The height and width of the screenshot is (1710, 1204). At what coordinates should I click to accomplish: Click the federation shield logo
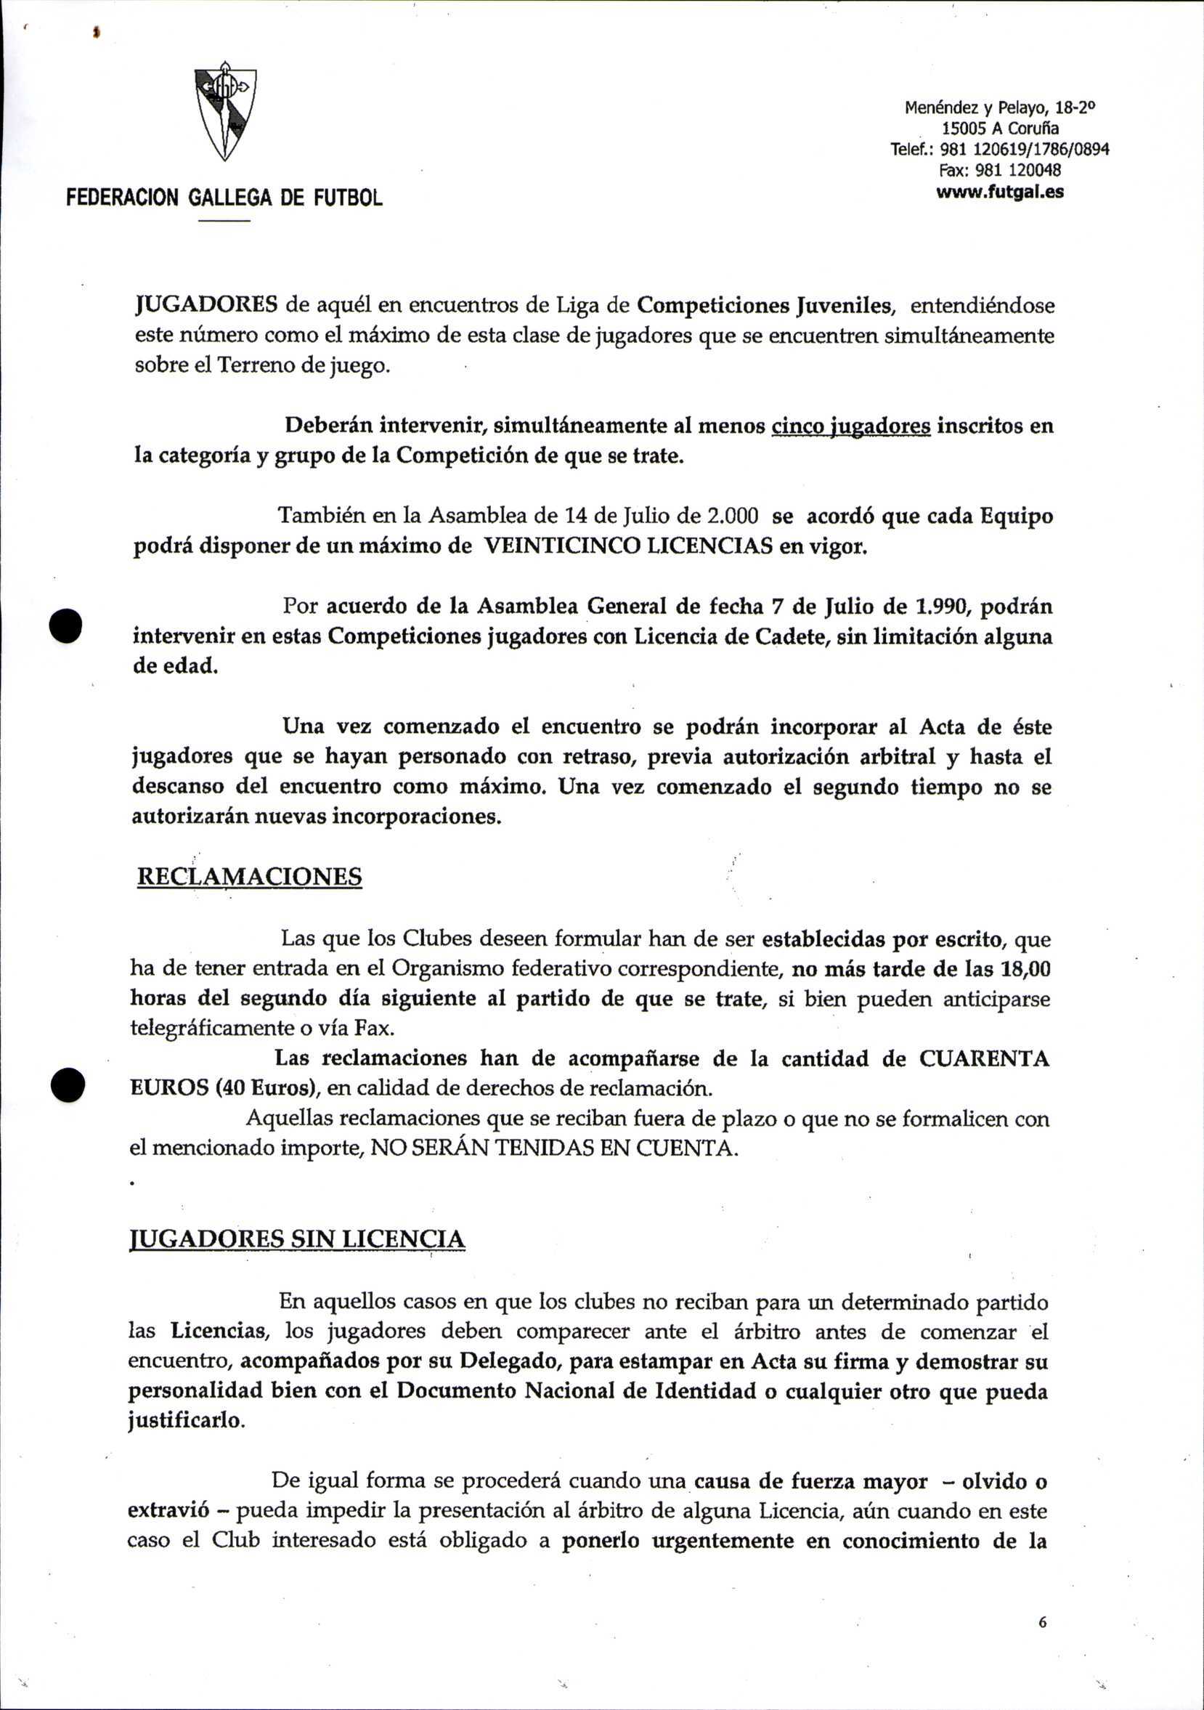225,110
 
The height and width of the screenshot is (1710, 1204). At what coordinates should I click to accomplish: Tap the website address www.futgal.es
999,193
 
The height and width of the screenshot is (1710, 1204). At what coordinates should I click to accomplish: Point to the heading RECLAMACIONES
249,877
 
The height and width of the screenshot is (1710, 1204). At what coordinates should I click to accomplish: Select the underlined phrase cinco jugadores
851,426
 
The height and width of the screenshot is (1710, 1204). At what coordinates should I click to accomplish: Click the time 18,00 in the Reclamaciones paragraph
1023,969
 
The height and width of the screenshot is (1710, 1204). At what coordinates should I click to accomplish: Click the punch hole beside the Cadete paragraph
65,625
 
